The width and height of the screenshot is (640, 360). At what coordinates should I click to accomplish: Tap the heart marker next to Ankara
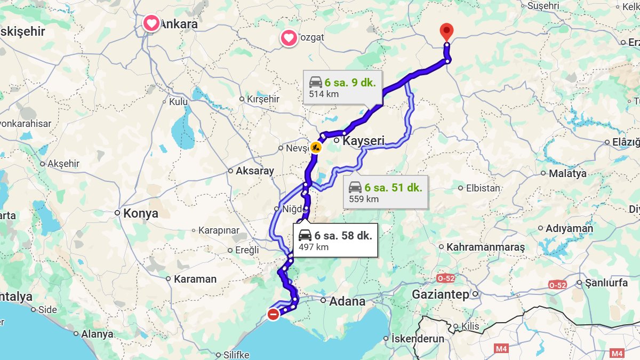coord(151,23)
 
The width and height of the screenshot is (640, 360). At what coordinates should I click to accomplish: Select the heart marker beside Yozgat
coord(289,38)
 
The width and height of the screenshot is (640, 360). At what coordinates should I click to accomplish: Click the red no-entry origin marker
coord(273,314)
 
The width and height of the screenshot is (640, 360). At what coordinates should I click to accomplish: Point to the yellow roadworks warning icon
coord(315,147)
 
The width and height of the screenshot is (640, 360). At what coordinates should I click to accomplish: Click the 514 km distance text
coord(324,94)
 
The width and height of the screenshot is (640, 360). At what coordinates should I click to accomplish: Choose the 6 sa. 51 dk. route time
coord(393,188)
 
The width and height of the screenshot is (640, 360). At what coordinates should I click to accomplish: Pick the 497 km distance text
coord(314,247)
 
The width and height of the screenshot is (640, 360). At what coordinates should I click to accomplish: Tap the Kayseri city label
coord(363,141)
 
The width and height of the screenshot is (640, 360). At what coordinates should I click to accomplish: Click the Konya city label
coord(141,213)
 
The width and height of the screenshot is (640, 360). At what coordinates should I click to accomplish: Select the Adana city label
coord(347,301)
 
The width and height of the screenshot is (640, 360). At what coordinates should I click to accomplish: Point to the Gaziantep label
coord(440,294)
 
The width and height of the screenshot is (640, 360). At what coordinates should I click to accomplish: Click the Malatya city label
coord(567,173)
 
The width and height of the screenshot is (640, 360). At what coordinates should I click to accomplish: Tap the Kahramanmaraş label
coord(485,247)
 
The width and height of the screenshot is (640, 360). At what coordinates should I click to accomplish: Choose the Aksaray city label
coord(254,171)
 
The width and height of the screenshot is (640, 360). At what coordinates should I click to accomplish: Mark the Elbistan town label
coord(483,188)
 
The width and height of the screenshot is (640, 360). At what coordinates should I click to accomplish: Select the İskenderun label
coord(418,339)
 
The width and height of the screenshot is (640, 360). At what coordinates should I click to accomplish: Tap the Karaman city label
coord(195,279)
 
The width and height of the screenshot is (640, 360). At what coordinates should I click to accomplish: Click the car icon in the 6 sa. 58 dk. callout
coord(305,235)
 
